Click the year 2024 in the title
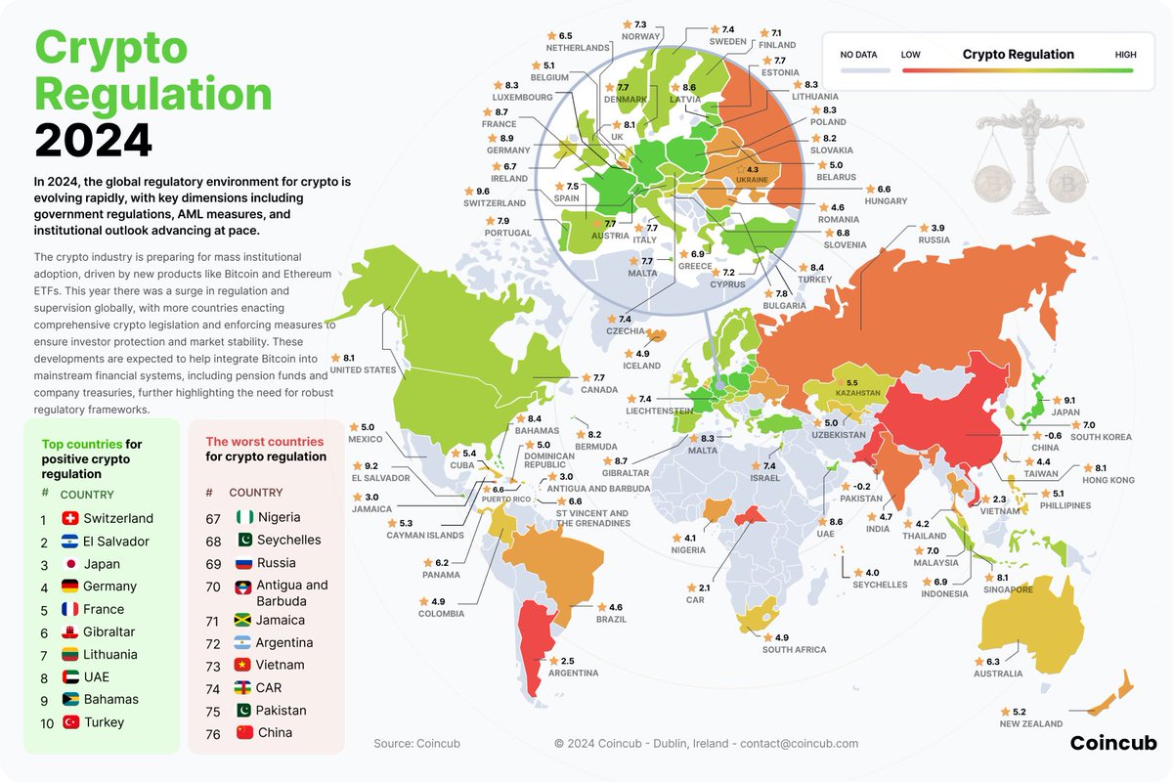94,141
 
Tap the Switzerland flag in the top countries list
69,518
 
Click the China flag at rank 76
244,732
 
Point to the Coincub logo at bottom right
1112,743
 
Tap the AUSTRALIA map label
998,673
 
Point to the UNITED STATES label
363,370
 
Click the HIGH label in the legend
1125,55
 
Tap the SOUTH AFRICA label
794,650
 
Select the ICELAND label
641,366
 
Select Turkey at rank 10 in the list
104,722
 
